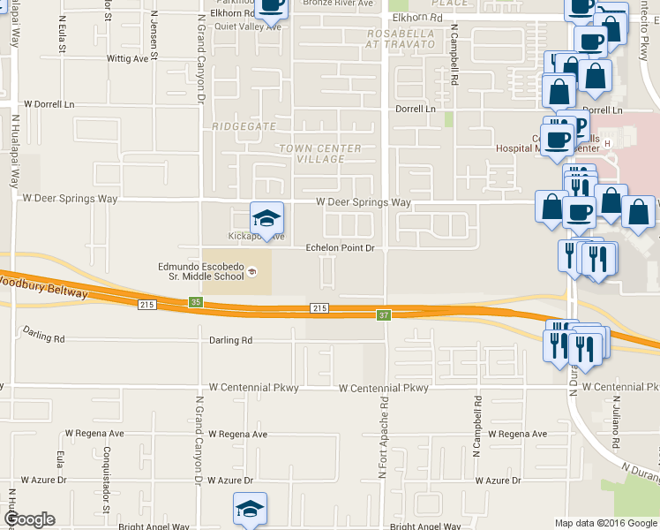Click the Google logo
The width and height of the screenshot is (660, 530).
(29, 519)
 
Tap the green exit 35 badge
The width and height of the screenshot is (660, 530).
(195, 302)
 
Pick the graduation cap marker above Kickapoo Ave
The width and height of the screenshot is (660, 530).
(266, 217)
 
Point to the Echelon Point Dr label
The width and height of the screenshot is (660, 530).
(341, 248)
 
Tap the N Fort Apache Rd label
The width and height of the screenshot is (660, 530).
(384, 436)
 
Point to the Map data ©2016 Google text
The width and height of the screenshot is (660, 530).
(605, 523)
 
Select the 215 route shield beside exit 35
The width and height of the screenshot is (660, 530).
(147, 305)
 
